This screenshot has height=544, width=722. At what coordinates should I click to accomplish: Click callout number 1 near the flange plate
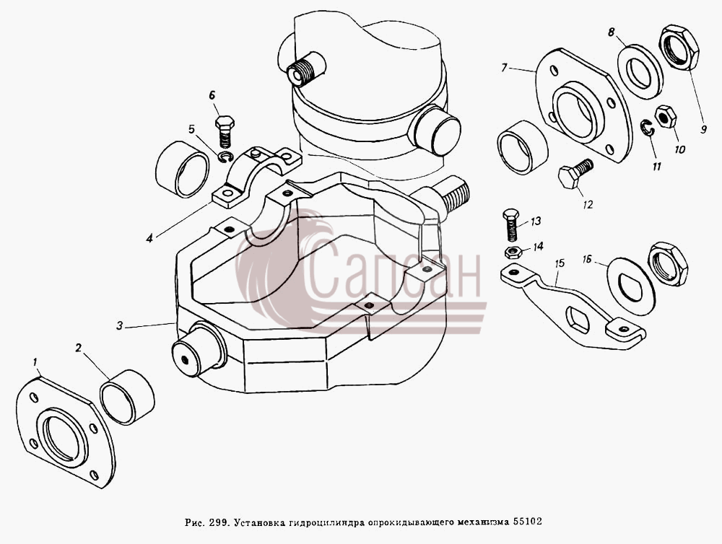(35, 363)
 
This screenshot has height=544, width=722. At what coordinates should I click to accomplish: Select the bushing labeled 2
(127, 397)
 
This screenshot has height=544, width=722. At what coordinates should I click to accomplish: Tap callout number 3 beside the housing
(120, 326)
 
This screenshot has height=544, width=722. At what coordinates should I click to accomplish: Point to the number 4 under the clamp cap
(149, 238)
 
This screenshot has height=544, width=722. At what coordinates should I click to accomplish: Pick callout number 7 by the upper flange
(505, 68)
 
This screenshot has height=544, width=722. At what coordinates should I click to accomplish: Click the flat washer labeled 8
(640, 72)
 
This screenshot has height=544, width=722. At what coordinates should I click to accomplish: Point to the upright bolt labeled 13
(510, 226)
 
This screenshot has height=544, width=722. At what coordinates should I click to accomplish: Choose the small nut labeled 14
(512, 253)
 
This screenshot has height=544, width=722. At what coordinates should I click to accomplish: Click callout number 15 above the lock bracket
(560, 264)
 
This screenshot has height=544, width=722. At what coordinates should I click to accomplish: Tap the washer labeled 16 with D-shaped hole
(631, 286)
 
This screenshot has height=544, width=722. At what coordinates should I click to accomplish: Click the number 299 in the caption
(217, 522)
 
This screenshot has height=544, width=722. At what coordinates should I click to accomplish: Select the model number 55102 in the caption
(528, 522)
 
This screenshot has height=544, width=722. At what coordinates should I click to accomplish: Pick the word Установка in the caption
(260, 522)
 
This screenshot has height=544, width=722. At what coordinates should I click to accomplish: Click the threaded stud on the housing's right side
(455, 196)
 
